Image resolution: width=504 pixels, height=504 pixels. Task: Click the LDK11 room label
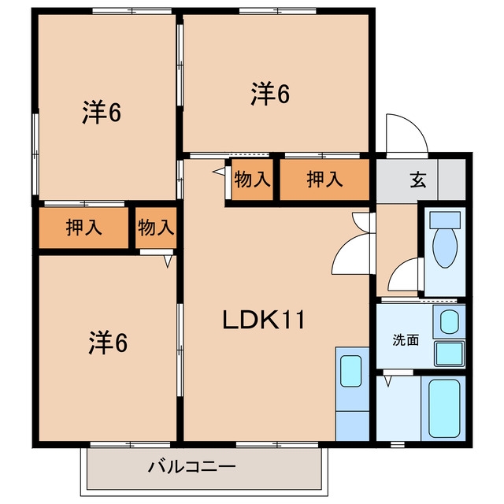264,320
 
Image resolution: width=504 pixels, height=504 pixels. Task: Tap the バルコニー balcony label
192,467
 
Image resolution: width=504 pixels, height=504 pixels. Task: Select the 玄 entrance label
418,180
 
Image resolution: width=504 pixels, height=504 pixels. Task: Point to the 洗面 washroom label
406,339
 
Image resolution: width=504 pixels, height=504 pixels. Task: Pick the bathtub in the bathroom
444,409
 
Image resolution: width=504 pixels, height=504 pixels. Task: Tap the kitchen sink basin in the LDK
350,371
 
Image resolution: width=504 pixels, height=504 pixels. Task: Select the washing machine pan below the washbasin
450,354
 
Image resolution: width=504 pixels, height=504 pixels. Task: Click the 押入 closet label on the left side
84,228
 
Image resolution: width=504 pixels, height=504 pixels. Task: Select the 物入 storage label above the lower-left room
156,228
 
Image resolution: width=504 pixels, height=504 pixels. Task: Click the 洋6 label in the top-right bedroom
270,94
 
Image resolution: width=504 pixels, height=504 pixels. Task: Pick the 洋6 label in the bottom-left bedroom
108,343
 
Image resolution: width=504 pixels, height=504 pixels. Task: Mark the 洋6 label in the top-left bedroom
102,113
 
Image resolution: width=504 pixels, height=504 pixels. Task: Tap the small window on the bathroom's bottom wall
398,444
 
